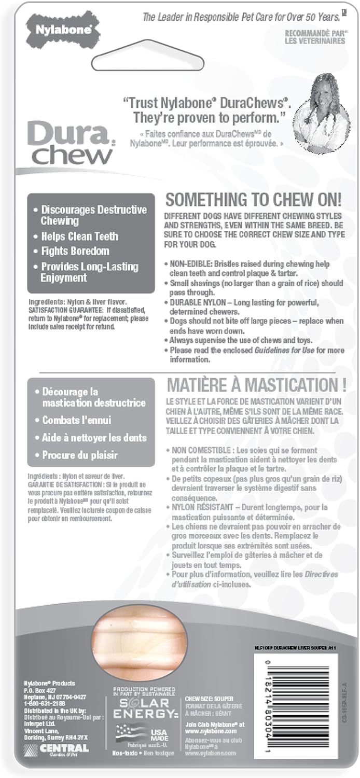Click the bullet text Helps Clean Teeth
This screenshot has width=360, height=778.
pyautogui.click(x=79, y=237)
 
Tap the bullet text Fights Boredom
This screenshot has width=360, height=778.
pyautogui.click(x=75, y=252)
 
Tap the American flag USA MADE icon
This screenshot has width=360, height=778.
pyautogui.click(x=129, y=733)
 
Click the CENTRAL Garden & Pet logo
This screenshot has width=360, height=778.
pyautogui.click(x=57, y=748)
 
